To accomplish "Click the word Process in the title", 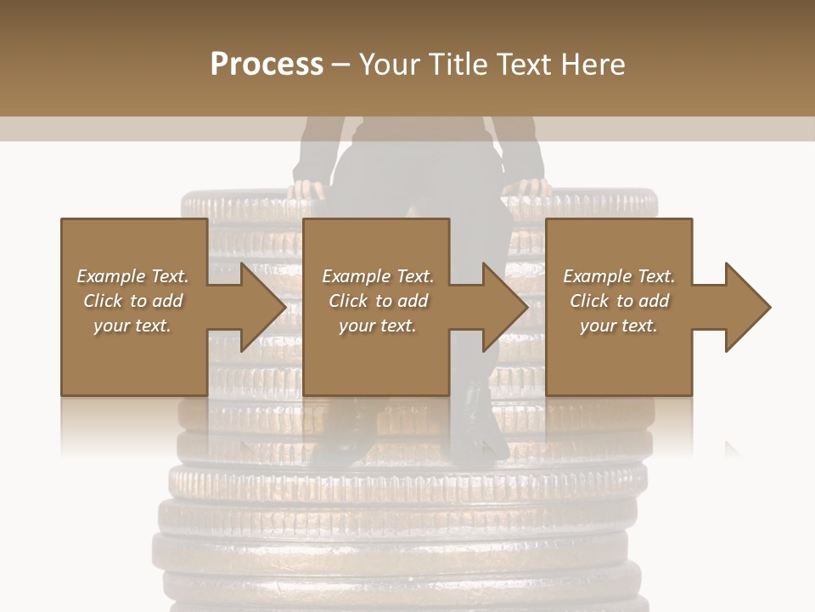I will tap(267, 64).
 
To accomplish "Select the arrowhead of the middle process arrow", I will tap(503, 307).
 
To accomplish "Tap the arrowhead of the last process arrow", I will tap(746, 307).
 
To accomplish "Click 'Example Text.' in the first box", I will tap(132, 276).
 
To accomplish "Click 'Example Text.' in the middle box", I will tap(378, 276).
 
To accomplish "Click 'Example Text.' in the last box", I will tap(619, 276).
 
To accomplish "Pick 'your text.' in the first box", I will tap(132, 326).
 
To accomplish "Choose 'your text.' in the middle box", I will tap(378, 326).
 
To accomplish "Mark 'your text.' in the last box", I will tap(619, 326).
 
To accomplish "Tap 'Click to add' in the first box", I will tap(132, 301).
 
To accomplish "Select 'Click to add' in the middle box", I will tap(378, 301).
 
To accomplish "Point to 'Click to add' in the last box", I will tap(619, 301).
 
